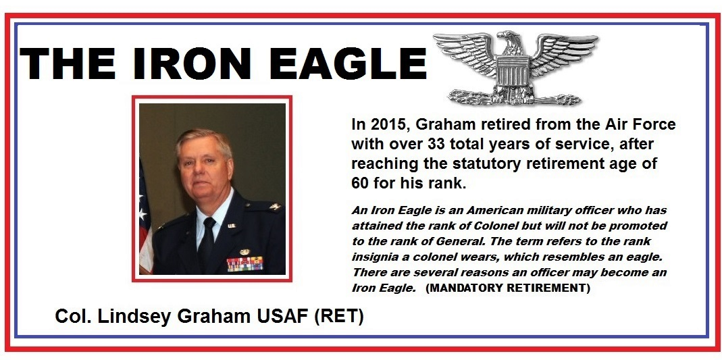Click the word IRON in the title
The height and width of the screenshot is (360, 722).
coord(187,63)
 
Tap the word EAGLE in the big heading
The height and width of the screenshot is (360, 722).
coord(348,63)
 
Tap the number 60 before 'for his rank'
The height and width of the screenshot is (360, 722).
coord(359,183)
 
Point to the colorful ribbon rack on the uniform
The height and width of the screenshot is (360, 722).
coord(245,264)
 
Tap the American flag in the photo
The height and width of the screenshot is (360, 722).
coord(145,216)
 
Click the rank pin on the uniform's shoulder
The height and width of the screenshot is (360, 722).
coord(276,207)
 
